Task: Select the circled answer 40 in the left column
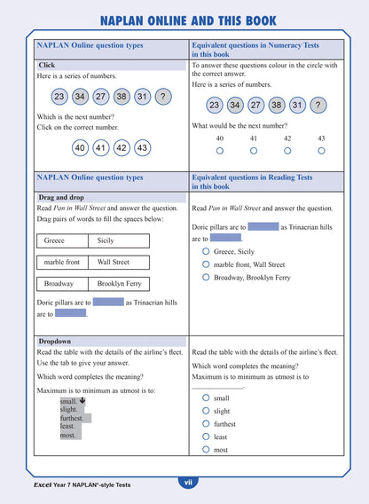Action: coord(80,148)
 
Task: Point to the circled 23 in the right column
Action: coord(214,105)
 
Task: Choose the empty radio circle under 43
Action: coord(321,151)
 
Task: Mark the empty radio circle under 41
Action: coord(254,151)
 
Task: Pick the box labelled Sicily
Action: coord(119,240)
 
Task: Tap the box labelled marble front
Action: coord(62,262)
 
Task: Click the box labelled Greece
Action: coord(62,240)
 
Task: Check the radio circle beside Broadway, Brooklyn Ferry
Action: coord(206,278)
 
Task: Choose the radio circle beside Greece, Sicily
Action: coord(206,251)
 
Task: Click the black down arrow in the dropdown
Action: coord(82,400)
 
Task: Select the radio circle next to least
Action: coord(206,437)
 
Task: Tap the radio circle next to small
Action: coord(206,398)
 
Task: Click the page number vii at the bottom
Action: coord(186,483)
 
